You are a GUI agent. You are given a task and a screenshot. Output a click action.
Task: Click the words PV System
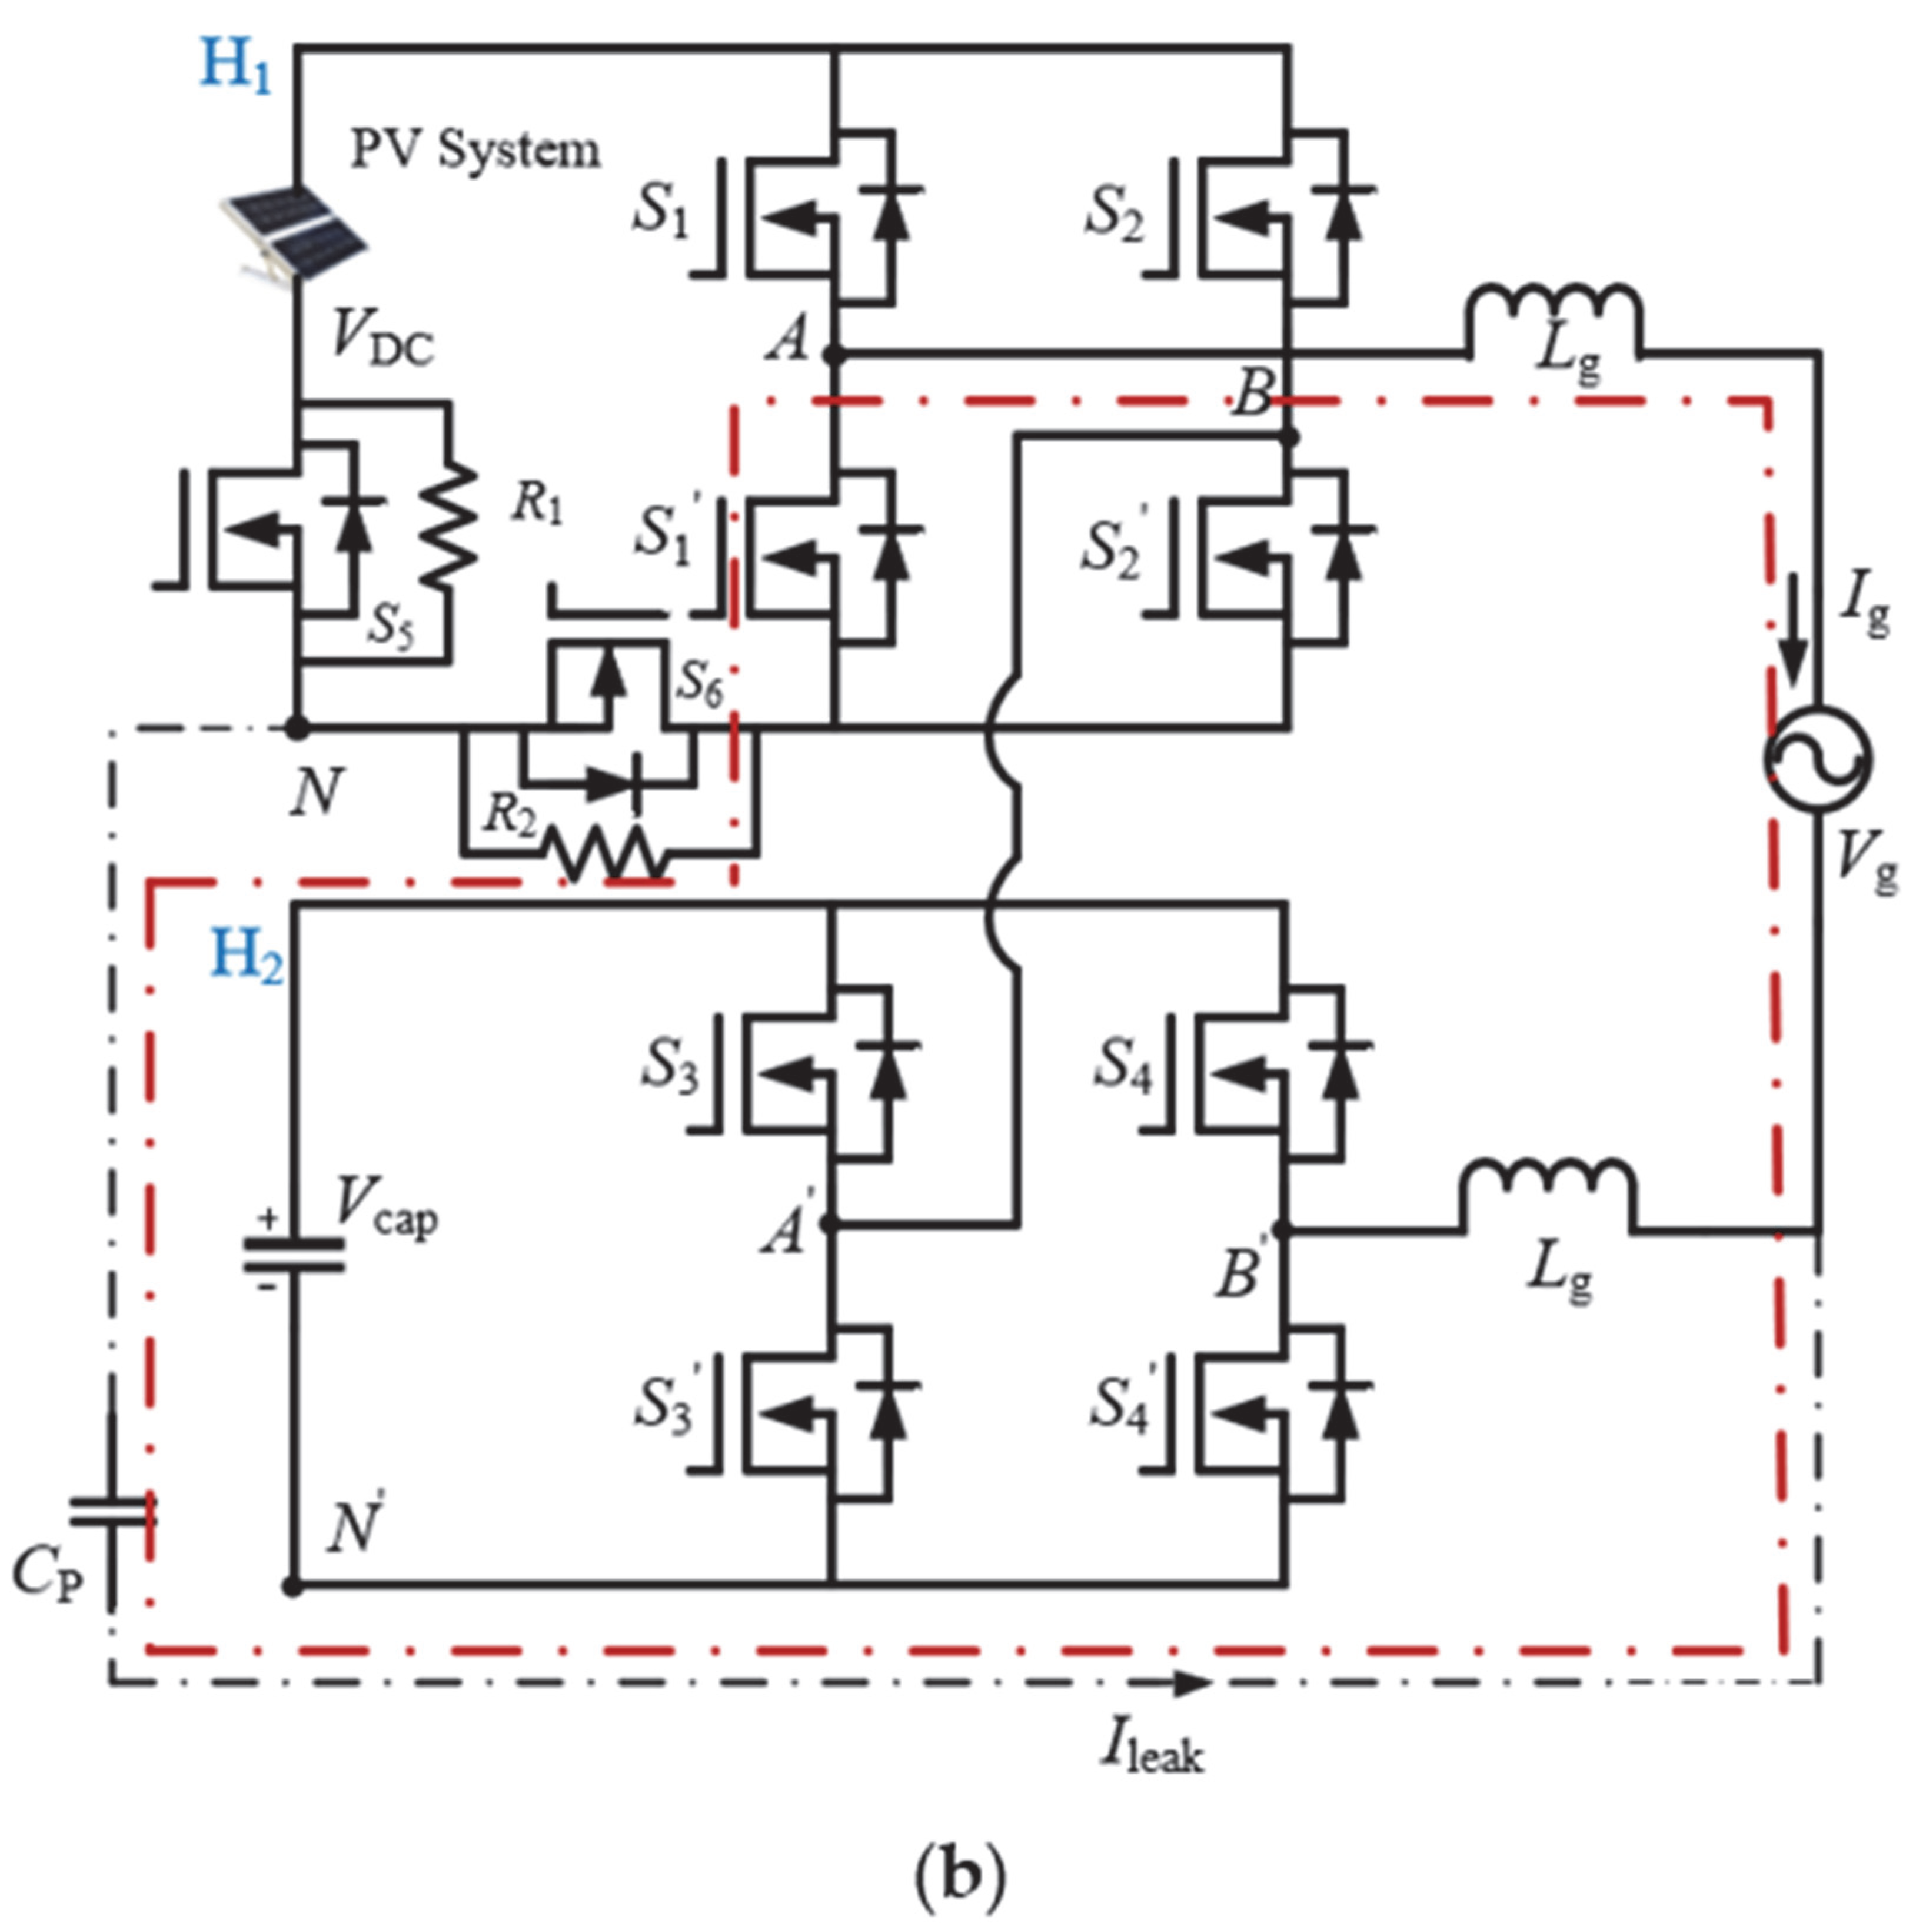pos(474,149)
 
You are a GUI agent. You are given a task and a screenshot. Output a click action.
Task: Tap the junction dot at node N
pos(297,729)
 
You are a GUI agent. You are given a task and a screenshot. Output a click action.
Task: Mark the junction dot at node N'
pos(292,1586)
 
